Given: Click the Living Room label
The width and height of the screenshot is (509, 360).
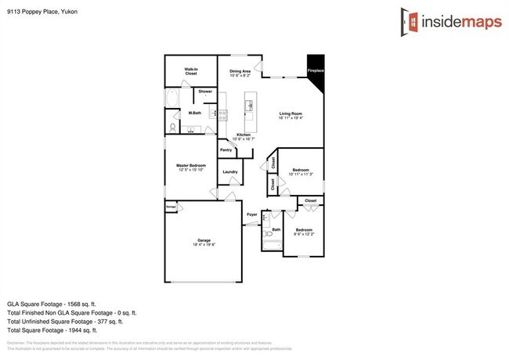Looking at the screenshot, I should pos(291,114).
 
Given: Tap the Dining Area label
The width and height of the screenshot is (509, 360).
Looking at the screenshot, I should pos(240,72).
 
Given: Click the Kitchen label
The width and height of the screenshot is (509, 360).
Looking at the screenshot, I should pos(244,135).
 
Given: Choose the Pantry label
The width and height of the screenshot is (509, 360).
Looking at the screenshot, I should pos(226,149).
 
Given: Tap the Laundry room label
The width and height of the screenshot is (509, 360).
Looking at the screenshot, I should pos(229,171).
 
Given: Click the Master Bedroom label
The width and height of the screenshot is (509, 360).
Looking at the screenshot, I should pos(190,165).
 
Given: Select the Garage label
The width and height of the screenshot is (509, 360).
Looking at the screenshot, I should pos(204,240).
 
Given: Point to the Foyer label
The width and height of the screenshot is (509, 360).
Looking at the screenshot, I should pos(251,214).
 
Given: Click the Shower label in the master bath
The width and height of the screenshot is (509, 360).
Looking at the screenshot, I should pos(205,92).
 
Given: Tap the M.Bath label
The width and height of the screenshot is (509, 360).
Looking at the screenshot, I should pos(195,114).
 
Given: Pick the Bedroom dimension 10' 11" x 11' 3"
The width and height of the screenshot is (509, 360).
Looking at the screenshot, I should pos(301,175).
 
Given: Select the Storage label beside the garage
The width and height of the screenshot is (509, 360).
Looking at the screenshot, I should pos(170,207).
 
